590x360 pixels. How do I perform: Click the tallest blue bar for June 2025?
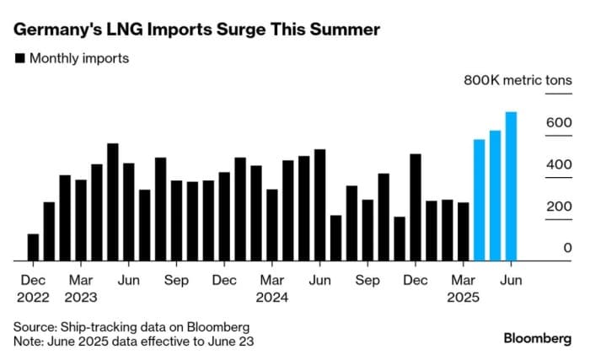click(511, 186)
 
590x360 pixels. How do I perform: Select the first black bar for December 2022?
click(33, 247)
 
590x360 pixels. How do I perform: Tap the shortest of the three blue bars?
click(479, 200)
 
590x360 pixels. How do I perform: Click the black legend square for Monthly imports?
click(19, 59)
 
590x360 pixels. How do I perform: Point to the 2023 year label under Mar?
click(80, 297)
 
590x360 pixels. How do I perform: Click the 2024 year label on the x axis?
click(271, 297)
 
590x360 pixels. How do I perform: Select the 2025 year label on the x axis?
click(463, 297)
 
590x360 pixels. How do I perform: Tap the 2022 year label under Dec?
click(33, 297)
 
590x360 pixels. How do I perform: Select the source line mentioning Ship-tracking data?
click(131, 326)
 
